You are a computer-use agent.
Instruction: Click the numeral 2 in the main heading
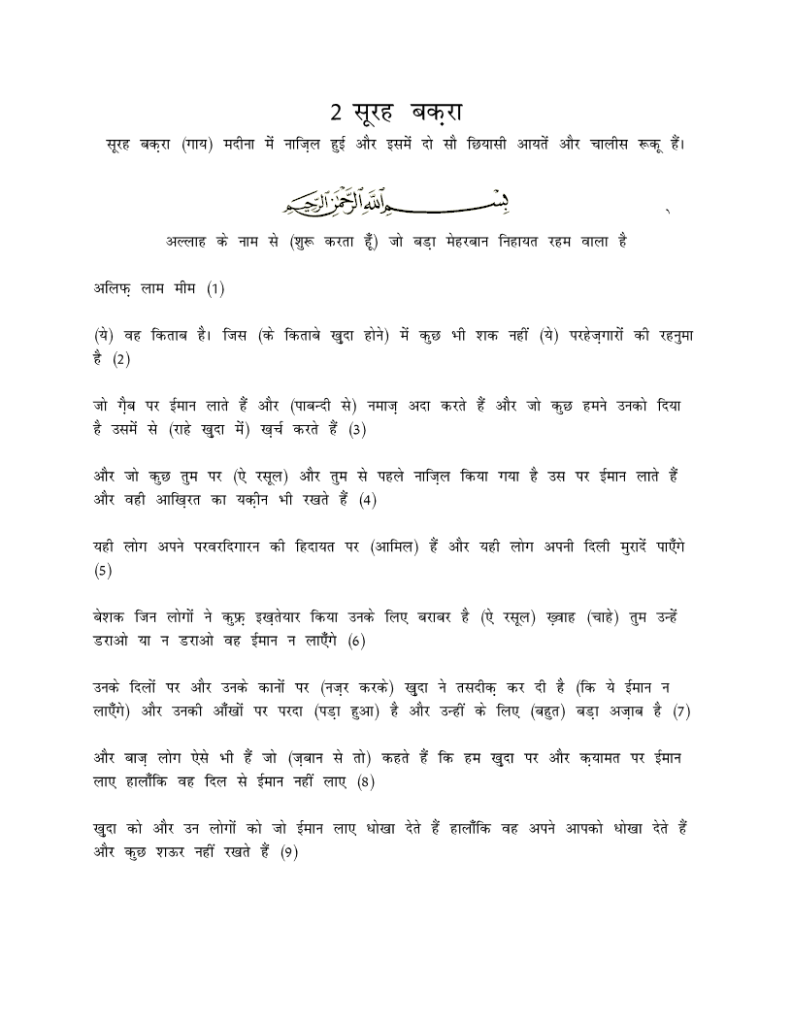tap(336, 113)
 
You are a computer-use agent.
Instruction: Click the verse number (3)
tap(356, 429)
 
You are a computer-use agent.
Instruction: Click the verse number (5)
tap(103, 571)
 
